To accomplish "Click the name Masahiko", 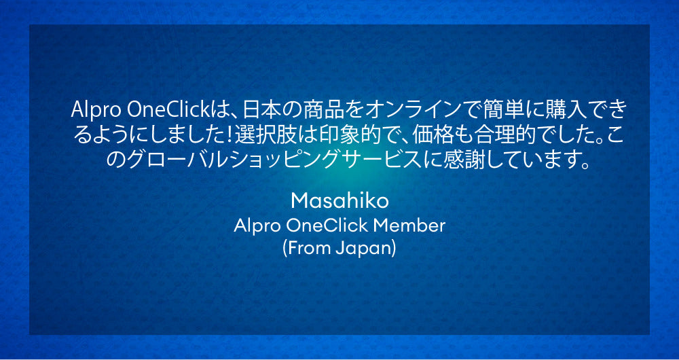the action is (x=339, y=200).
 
